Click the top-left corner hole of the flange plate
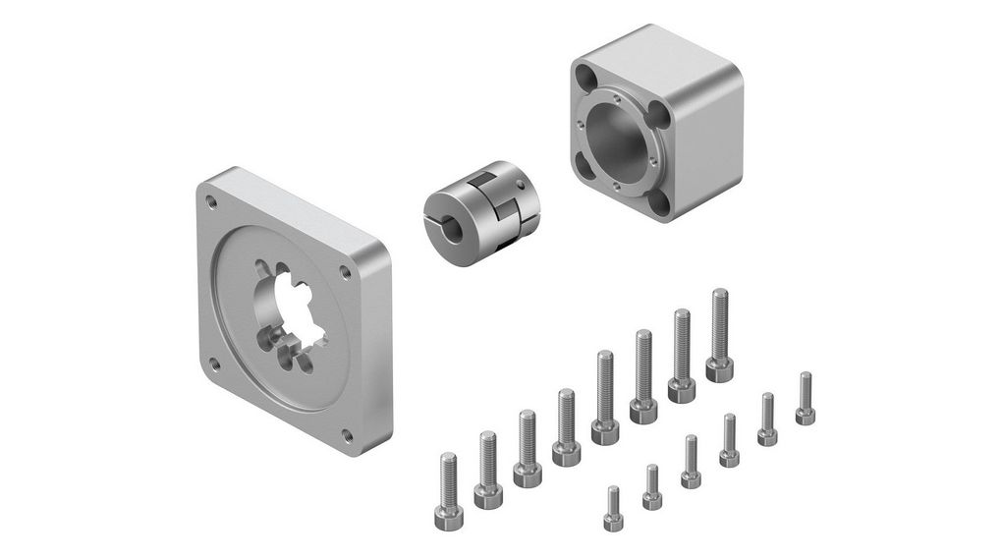(x=211, y=201)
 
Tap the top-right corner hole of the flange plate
(x=345, y=272)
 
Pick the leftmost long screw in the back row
(x=449, y=485)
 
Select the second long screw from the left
(x=488, y=470)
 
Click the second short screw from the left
(x=652, y=487)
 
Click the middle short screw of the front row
(x=691, y=463)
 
